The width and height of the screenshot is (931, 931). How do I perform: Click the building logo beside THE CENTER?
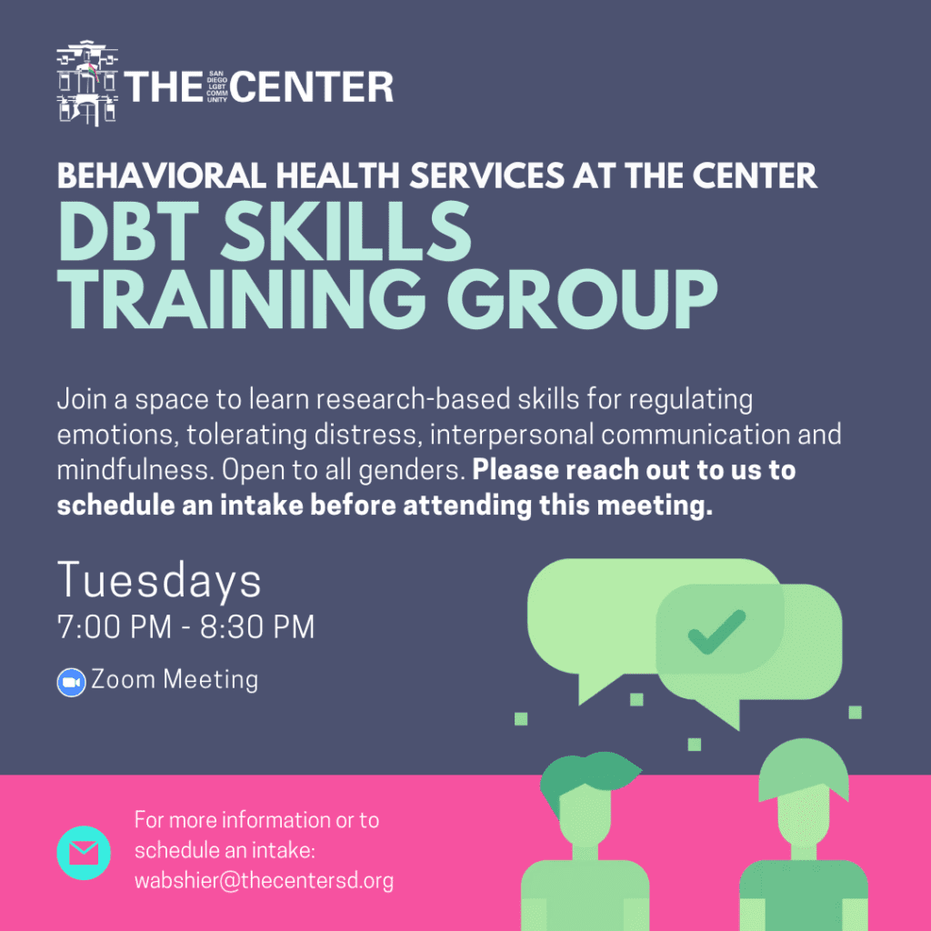point(87,83)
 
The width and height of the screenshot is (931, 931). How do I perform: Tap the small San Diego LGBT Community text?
point(216,86)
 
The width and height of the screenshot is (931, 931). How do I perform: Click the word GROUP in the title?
point(582,299)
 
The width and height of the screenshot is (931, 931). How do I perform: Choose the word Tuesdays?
point(159,580)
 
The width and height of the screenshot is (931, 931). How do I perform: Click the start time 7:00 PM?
point(115,627)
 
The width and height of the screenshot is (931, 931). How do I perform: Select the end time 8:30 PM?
point(256,627)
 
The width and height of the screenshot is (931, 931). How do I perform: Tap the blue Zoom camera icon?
point(71,682)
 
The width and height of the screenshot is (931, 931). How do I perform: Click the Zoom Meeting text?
point(175,680)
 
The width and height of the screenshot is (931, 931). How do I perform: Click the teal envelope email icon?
point(84,853)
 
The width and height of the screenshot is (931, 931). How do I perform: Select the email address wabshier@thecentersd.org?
point(264,881)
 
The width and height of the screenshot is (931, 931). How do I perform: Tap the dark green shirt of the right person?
point(804,895)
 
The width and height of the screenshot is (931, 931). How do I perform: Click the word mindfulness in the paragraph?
point(135,470)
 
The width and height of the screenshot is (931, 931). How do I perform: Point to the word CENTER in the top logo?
point(311,87)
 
